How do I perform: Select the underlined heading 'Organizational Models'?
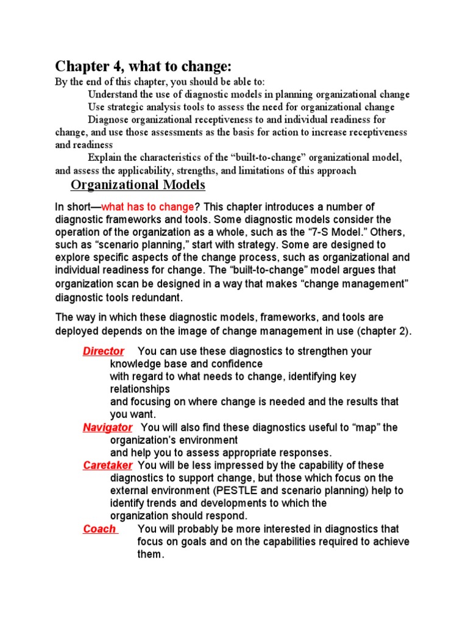138,185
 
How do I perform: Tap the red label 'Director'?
104,351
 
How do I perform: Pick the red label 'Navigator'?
107,427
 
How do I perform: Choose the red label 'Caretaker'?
107,466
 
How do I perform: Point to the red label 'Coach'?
99,529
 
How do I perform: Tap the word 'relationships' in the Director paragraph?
140,389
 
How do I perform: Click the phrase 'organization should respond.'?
179,516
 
